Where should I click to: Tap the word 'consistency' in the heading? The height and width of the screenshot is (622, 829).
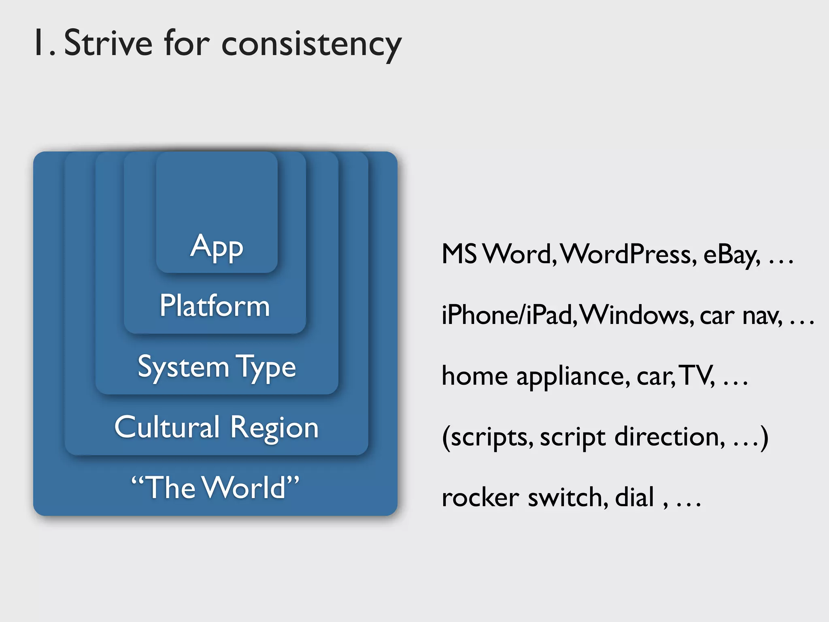coord(311,45)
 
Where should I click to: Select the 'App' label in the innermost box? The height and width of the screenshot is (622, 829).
coord(217,247)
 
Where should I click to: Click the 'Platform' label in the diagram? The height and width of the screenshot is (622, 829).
coord(215,306)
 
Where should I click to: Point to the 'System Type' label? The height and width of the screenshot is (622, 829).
coord(217,367)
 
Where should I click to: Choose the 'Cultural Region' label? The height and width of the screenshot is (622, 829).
coord(217,428)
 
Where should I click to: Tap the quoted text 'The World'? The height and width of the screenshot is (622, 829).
coord(215,488)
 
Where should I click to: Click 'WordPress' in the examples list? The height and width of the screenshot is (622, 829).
coord(629,255)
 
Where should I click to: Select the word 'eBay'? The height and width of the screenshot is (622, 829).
coord(731,256)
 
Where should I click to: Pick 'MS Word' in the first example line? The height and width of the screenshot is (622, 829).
coord(496,255)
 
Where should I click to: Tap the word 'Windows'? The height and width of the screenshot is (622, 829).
coord(636,315)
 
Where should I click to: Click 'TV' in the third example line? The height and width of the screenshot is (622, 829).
coord(696,376)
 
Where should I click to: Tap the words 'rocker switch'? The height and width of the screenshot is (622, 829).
coord(524,498)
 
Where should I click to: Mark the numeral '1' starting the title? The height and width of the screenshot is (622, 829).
coord(39,43)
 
